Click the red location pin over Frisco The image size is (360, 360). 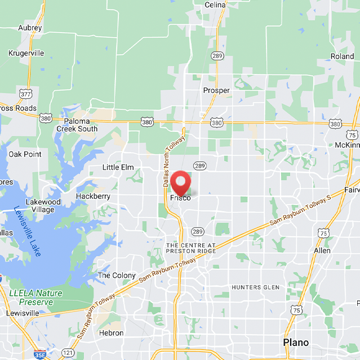click(x=181, y=182)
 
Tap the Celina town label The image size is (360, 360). click(x=215, y=5)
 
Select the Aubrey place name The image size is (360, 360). click(x=30, y=28)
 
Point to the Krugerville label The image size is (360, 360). click(x=26, y=53)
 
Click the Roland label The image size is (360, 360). click(x=342, y=56)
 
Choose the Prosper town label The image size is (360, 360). click(x=216, y=90)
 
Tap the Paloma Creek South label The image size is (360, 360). click(x=77, y=125)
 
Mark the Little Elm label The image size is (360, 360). click(x=118, y=167)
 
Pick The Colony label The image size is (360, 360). click(x=117, y=275)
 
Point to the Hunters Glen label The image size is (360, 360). click(x=255, y=287)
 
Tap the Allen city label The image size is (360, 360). click(x=322, y=250)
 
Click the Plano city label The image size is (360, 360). click(x=296, y=343)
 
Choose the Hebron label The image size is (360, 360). click(x=110, y=333)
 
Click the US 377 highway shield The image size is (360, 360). click(x=25, y=93)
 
